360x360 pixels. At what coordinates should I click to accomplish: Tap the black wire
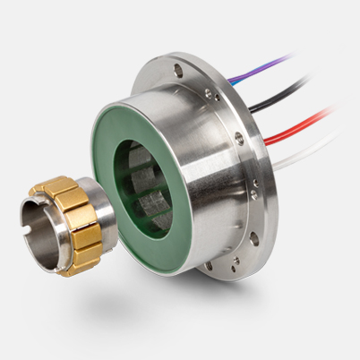[287, 90]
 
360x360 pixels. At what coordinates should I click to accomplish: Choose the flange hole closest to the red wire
[239, 139]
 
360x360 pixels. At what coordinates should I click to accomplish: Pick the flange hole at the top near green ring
[176, 67]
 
